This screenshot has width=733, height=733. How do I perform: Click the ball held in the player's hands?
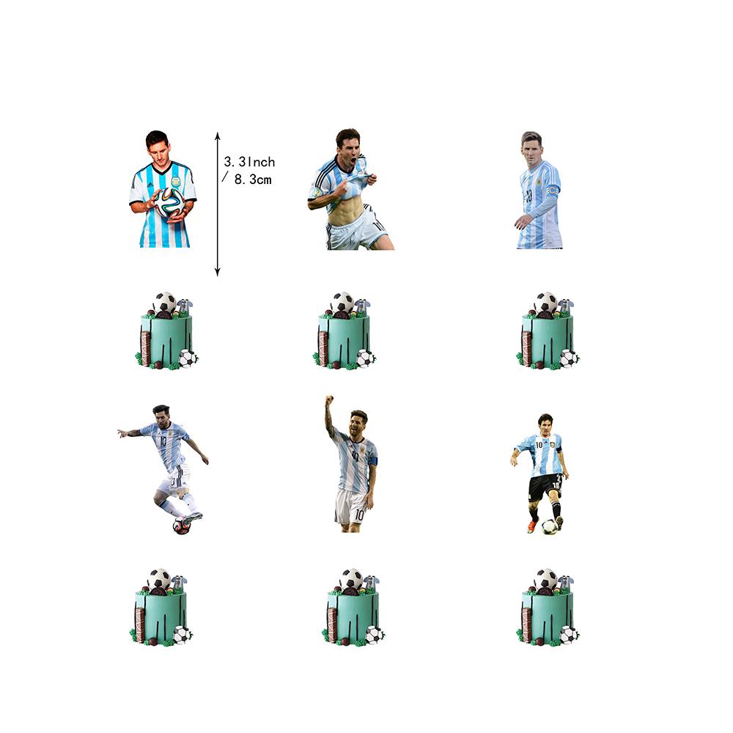coord(169,202)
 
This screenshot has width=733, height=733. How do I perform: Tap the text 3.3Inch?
coord(249,162)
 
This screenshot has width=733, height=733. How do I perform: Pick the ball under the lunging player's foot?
coord(181,525)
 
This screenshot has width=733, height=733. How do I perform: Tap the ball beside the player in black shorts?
coord(550,526)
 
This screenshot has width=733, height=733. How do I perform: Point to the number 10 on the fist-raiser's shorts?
coord(359,515)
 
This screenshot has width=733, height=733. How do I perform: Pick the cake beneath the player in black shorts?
coord(548,608)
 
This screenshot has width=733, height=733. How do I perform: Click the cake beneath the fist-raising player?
coord(353,608)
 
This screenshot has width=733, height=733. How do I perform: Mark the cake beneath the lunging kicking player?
coord(161,608)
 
